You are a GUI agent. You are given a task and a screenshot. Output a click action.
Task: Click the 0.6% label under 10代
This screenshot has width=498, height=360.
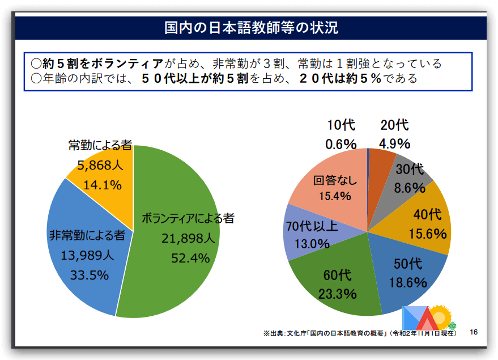coord(340,144)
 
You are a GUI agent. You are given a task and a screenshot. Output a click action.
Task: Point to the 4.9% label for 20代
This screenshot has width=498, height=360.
coord(395,143)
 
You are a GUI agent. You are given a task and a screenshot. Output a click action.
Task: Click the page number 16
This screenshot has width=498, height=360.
coord(474,332)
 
